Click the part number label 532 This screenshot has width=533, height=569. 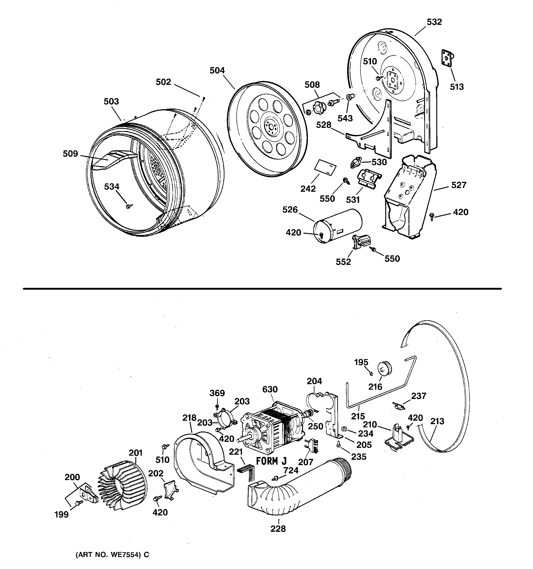(x=434, y=22)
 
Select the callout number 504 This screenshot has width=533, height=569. (x=217, y=70)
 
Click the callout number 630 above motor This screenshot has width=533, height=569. (x=270, y=389)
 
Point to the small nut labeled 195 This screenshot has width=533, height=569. (x=371, y=374)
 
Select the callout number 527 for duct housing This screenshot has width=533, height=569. (x=459, y=185)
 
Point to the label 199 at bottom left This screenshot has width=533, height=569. (x=62, y=514)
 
